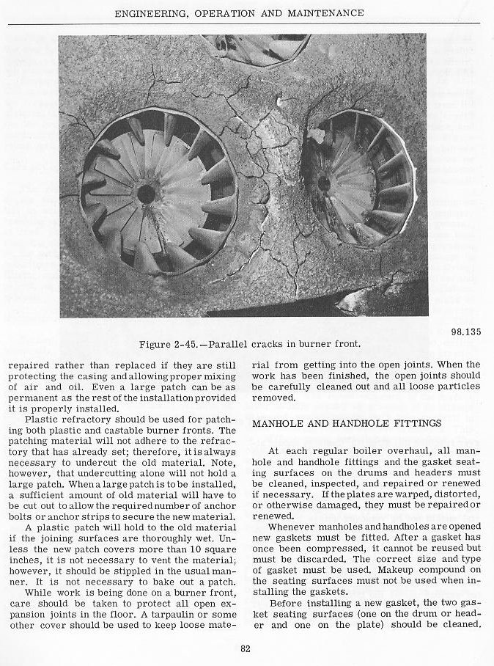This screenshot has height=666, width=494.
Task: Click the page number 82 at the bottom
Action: [x=247, y=647]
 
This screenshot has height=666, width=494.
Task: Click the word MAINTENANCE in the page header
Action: [x=328, y=12]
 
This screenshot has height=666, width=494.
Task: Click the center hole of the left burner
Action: [x=146, y=194]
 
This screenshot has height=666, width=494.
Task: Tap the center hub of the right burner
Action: [x=322, y=183]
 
